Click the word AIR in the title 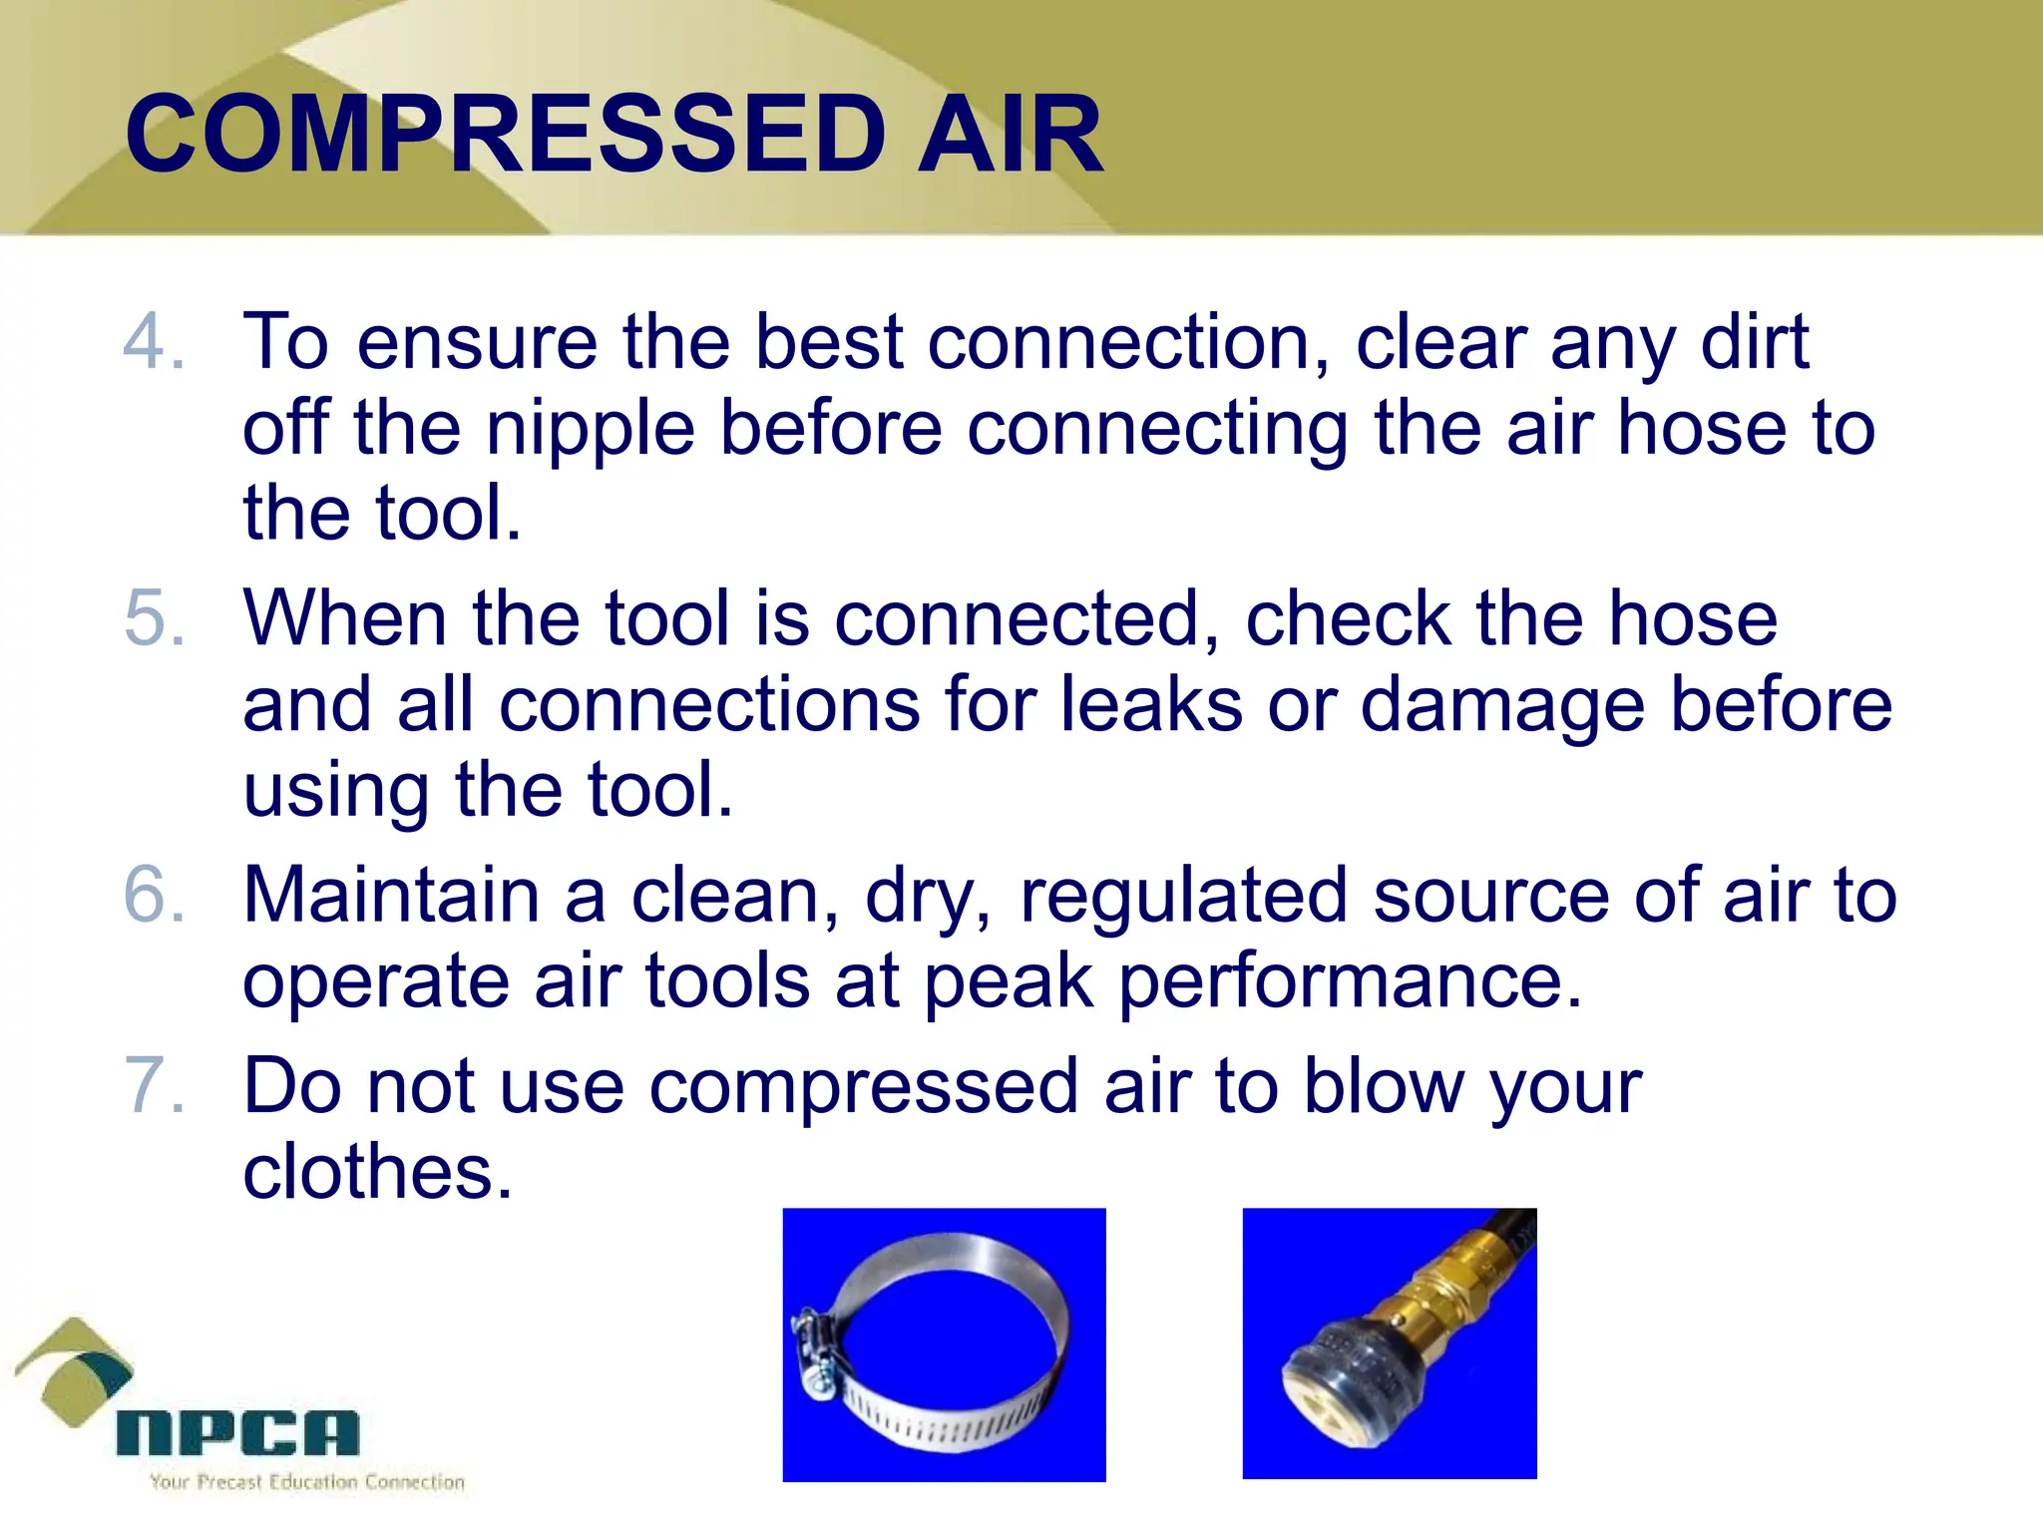tap(1010, 134)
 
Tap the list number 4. tap(153, 342)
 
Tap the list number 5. tap(153, 618)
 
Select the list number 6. tap(153, 895)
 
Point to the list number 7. tap(153, 1085)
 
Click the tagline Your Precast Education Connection tap(307, 1482)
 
